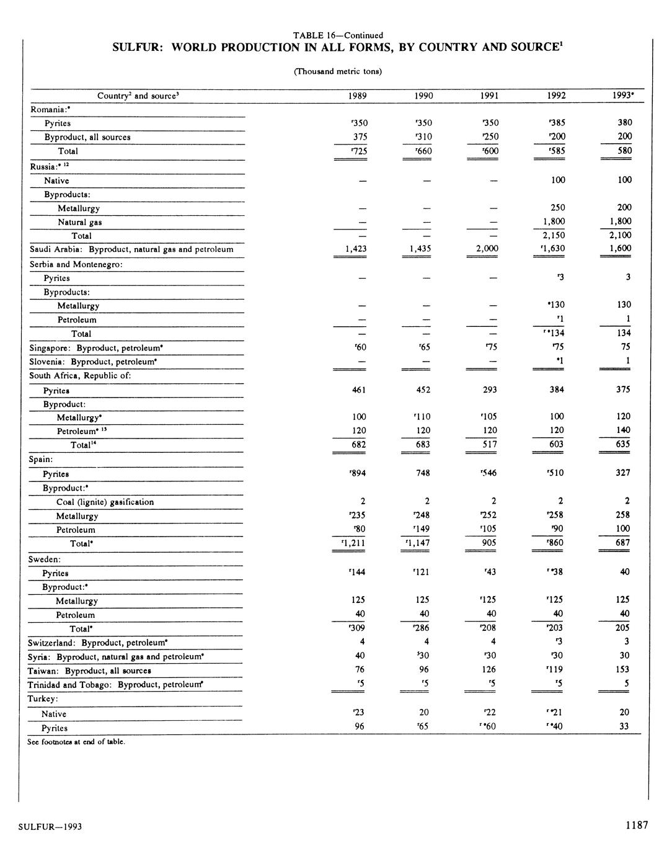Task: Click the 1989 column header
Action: [x=358, y=96]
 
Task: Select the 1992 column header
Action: [x=556, y=96]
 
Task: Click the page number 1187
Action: [x=637, y=825]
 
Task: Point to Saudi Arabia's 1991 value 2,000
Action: [x=487, y=248]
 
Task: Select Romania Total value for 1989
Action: [x=358, y=151]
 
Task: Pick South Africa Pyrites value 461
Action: [x=359, y=390]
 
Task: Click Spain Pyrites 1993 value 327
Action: [x=622, y=473]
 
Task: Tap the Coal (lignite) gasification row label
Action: [x=105, y=502]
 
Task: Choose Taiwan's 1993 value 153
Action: [x=622, y=669]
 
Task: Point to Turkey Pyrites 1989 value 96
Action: [x=359, y=726]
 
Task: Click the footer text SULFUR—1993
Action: [x=50, y=827]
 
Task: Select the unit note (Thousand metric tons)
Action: [x=337, y=71]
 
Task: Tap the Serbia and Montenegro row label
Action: [x=76, y=264]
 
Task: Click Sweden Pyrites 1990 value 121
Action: [x=423, y=572]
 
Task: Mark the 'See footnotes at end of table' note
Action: [x=76, y=741]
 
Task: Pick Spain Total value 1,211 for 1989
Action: [x=355, y=543]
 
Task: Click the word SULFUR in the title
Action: [x=137, y=48]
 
